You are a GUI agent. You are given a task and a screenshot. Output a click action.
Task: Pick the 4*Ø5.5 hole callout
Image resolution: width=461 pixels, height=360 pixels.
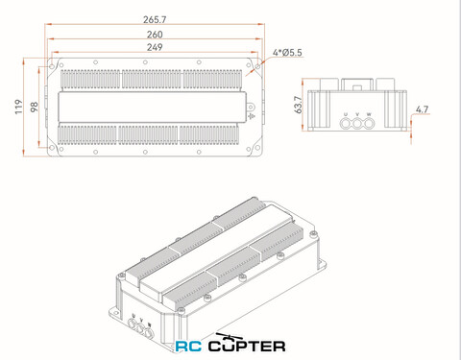(x=287, y=52)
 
